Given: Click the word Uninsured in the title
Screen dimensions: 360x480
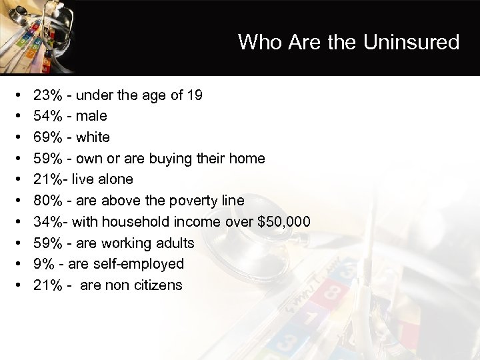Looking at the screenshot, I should [411, 43].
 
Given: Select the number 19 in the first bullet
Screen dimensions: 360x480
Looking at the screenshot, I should [195, 95].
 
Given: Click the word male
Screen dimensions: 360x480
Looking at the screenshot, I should [91, 116].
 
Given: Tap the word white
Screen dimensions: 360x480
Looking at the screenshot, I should [93, 137].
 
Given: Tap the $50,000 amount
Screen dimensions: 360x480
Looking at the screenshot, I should [283, 222].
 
